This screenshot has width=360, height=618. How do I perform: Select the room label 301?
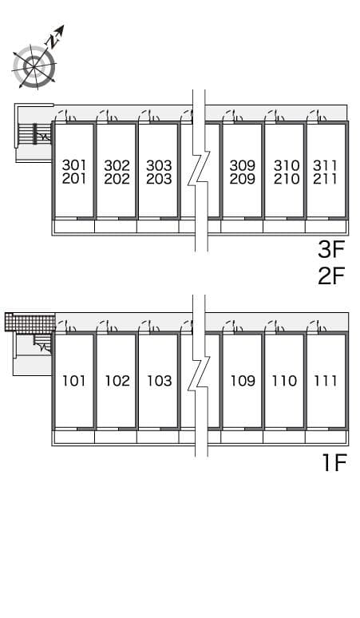click(x=74, y=164)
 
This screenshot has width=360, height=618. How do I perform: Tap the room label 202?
click(x=117, y=179)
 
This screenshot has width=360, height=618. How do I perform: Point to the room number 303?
click(x=159, y=164)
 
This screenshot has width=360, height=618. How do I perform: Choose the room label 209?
click(x=242, y=179)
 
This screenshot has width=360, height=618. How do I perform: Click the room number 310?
click(x=287, y=164)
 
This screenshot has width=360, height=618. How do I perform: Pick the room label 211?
click(x=325, y=179)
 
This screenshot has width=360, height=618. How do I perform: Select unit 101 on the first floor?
click(x=74, y=381)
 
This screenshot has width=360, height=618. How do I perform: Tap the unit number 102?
click(x=117, y=381)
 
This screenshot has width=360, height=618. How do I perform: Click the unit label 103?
click(x=159, y=381)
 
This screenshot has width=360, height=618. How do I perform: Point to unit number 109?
click(x=243, y=381)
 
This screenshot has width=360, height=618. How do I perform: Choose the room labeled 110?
click(x=284, y=381)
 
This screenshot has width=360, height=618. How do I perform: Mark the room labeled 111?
click(x=326, y=381)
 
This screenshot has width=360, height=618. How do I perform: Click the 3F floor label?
click(x=331, y=249)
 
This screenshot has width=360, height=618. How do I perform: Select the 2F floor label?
click(x=331, y=275)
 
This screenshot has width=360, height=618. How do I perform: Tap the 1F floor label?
click(x=334, y=462)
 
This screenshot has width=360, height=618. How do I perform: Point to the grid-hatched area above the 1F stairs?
click(x=30, y=323)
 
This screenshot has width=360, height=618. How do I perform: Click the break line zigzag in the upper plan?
click(x=199, y=170)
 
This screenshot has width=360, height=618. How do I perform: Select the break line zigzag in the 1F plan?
click(x=199, y=375)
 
